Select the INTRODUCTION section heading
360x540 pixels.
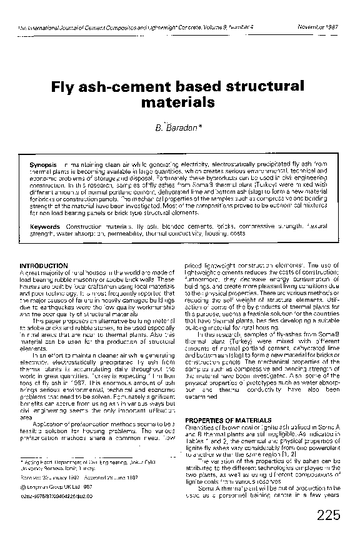click(43, 266)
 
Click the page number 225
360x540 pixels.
click(329, 514)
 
